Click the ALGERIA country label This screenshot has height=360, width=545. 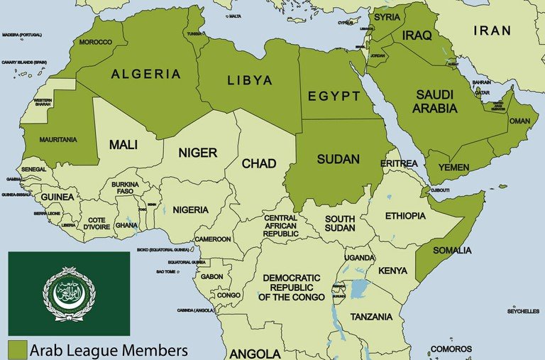145,74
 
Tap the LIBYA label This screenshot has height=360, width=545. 249,80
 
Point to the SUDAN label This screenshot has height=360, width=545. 338,159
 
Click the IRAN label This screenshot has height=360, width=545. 492,30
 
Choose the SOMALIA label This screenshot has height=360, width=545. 451,250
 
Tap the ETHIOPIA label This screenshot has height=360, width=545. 405,215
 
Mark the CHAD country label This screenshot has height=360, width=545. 259,164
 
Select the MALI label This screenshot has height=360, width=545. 123,144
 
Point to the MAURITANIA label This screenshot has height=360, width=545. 58,140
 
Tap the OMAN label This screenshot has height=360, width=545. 519,121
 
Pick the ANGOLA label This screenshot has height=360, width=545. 254,353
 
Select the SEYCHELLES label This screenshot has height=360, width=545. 523,311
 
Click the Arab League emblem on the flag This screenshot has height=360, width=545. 69,293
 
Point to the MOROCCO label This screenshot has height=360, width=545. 95,42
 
